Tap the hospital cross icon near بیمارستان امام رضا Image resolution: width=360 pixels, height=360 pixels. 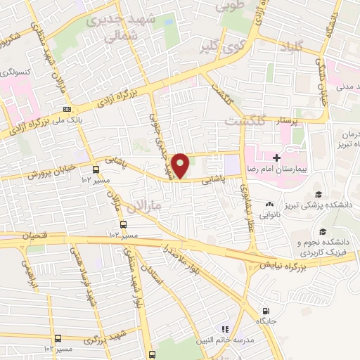pos(277,156)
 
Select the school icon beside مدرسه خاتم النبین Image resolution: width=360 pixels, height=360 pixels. pos(225,328)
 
